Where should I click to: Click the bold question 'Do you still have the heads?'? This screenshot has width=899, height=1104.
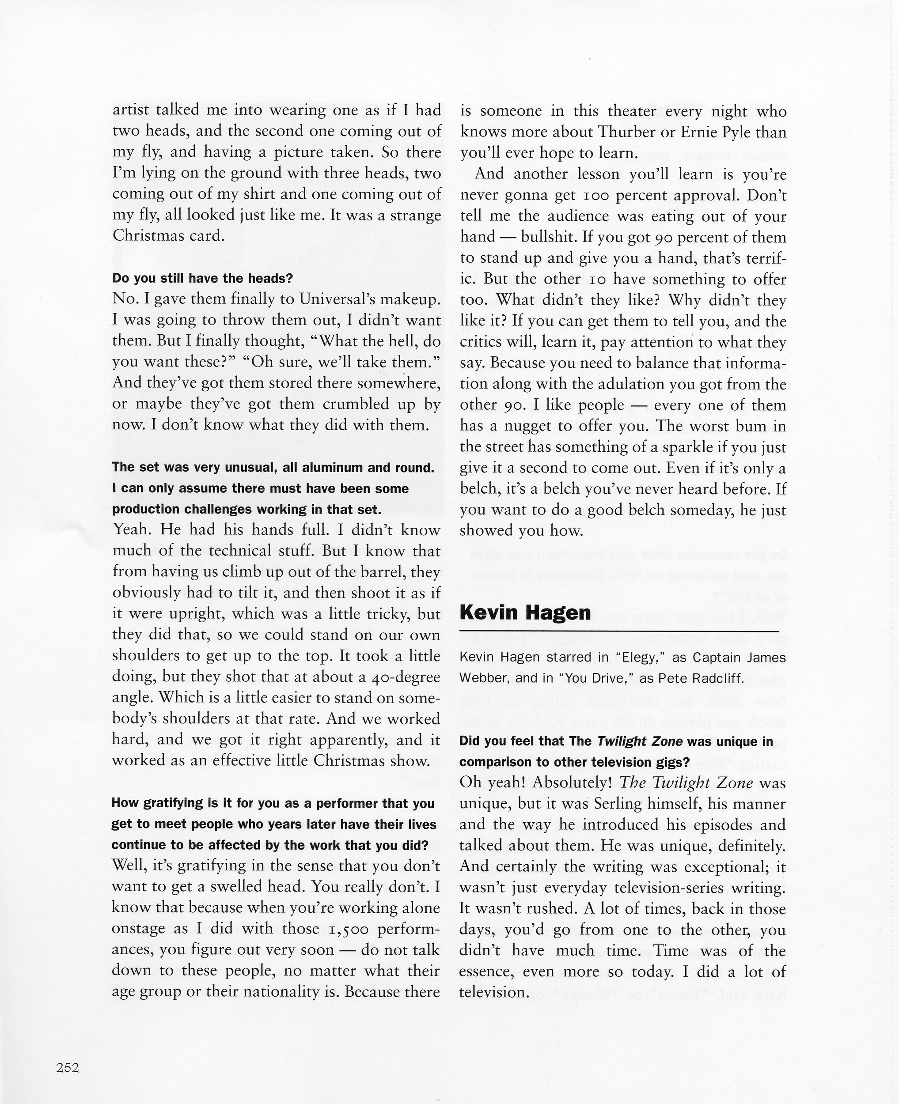tap(202, 279)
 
